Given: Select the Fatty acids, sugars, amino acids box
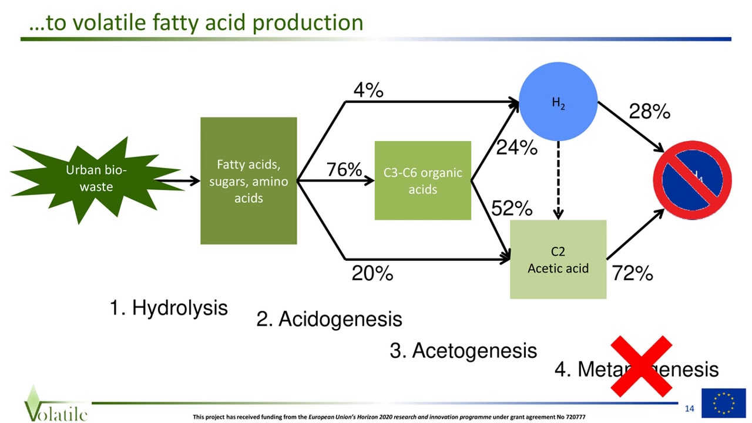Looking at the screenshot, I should coord(249,181).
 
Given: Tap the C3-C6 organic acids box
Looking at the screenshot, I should coord(422,181).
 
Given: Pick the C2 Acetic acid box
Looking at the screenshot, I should coord(558,260).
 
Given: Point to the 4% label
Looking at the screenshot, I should coord(368,90).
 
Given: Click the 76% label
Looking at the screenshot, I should coord(344,170).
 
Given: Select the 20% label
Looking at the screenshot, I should coord(372,273).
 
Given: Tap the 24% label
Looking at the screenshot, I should coord(516,148).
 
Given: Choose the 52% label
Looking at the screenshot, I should coord(512,208).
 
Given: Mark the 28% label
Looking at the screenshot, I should coord(649,112).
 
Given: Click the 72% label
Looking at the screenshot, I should coord(632,273).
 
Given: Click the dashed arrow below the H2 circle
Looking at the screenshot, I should coord(558,180).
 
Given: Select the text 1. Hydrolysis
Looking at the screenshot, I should coord(169,307).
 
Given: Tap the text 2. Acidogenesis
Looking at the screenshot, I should coord(329,319).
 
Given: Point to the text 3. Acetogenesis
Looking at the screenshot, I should coord(463,351).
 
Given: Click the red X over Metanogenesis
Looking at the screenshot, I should coord(641,367).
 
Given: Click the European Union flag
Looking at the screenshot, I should coord(723,403).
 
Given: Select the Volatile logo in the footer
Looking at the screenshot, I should coord(56,405).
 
